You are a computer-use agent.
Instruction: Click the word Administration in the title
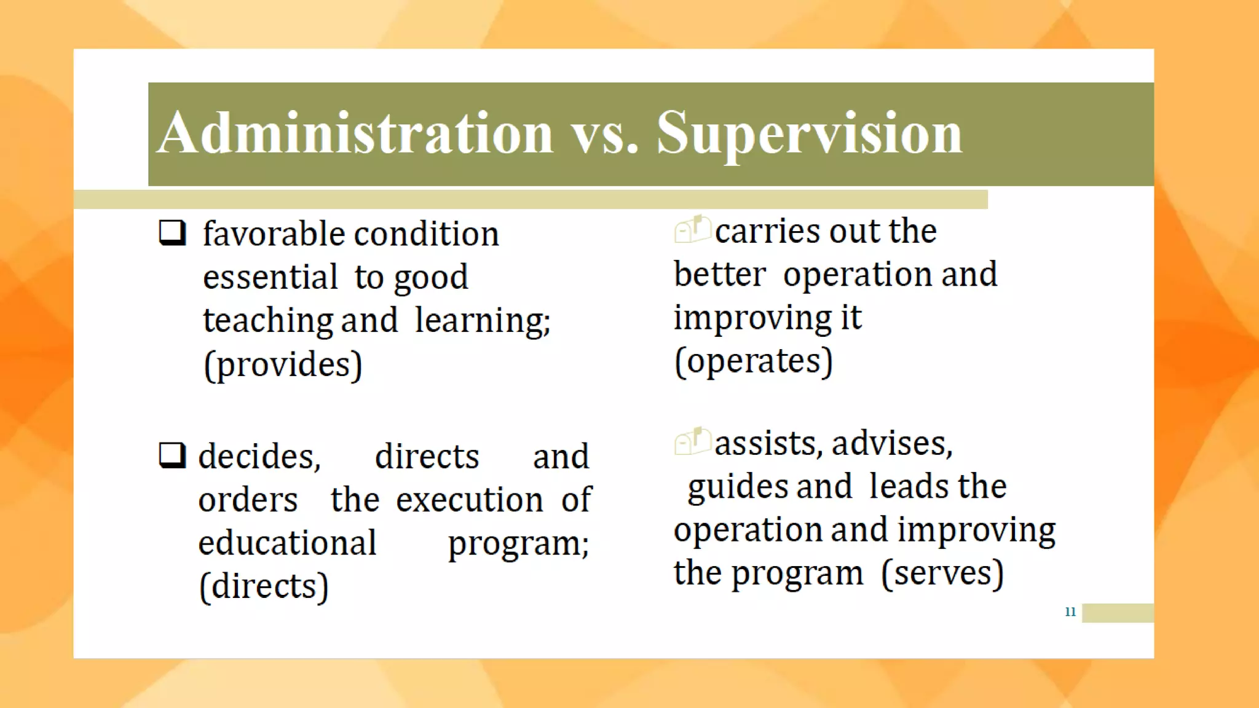[355, 133]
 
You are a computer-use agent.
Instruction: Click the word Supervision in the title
[809, 133]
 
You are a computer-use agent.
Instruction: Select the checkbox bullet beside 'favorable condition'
[172, 233]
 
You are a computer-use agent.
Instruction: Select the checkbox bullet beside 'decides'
[172, 455]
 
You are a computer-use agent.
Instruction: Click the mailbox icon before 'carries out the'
[692, 230]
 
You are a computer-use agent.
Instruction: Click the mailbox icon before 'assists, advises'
[692, 441]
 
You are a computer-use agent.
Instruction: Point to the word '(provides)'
[283, 364]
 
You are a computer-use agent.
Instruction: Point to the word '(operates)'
[754, 361]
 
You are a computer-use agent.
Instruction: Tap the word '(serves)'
[942, 573]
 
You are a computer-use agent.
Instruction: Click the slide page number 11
[1070, 612]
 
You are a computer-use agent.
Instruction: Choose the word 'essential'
[270, 277]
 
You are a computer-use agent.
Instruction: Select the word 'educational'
[287, 543]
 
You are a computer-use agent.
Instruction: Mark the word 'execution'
[469, 500]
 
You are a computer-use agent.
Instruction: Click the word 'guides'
[737, 487]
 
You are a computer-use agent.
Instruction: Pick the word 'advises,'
[892, 444]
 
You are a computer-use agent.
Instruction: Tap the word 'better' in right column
[720, 274]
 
